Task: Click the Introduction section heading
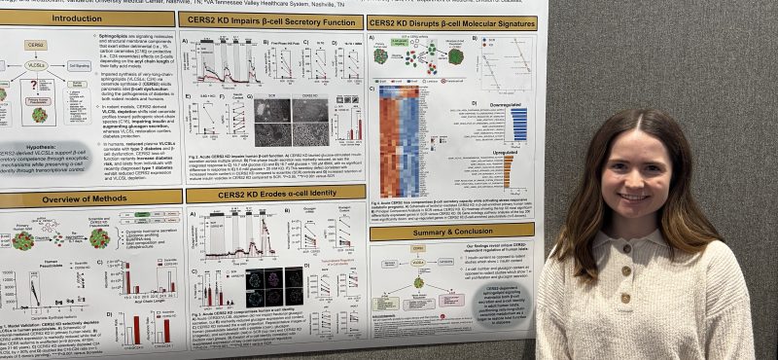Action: (78, 18)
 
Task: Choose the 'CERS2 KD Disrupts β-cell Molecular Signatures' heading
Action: (451, 22)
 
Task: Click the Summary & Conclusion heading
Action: (453, 233)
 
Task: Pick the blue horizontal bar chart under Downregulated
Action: (518, 124)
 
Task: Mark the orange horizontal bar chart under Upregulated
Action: (508, 171)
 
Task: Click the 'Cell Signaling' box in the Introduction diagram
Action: (80, 67)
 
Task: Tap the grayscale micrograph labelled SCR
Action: (272, 110)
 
